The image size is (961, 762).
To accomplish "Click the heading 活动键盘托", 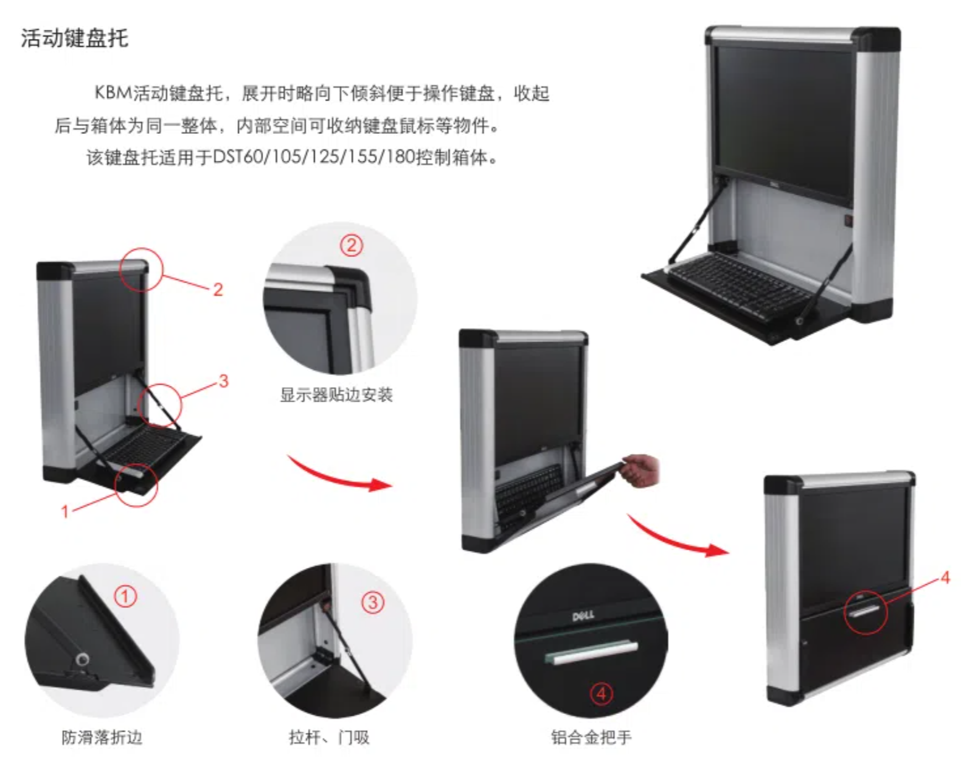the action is click(75, 38).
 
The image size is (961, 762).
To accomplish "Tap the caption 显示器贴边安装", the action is click(336, 394).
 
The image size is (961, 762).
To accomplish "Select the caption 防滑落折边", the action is click(102, 737).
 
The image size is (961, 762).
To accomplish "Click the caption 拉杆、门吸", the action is click(329, 737).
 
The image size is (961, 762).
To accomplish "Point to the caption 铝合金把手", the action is click(591, 737).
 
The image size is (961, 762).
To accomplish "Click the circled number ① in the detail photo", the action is click(125, 596).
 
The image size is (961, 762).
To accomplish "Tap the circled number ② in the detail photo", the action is click(352, 245).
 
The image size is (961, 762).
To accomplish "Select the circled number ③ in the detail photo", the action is click(372, 602).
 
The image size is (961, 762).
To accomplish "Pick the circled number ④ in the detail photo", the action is click(601, 694).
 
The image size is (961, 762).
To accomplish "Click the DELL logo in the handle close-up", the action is click(583, 616).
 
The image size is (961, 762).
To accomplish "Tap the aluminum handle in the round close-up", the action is click(591, 652).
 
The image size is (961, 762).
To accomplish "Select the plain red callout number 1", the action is click(65, 511).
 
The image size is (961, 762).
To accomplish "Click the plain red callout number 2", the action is click(218, 290).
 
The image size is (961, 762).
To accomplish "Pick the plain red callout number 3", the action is click(224, 381).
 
